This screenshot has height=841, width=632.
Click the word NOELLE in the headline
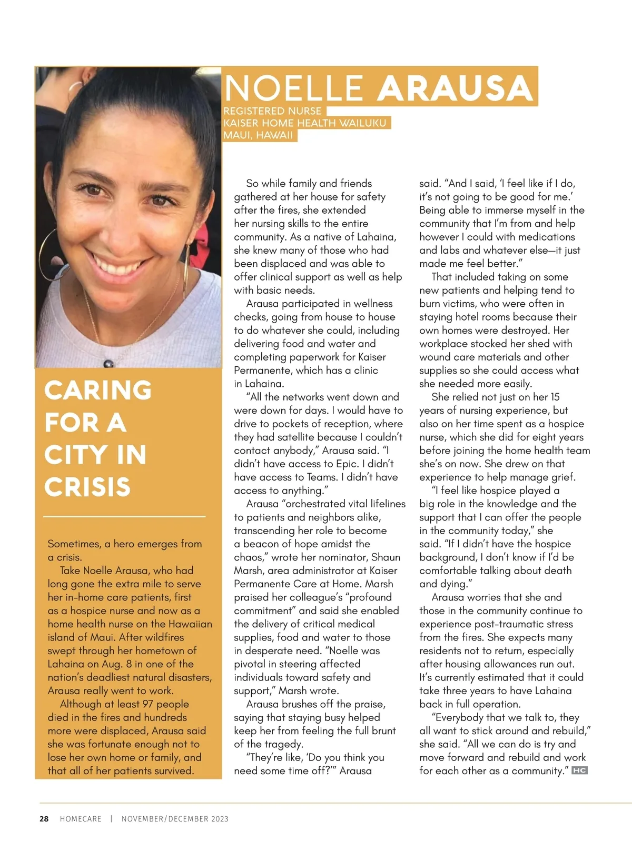pos(293,88)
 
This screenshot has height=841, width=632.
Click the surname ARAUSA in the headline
pos(456,88)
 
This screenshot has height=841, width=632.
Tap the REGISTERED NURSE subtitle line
pos(272,111)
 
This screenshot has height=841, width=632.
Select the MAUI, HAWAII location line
pos(258,135)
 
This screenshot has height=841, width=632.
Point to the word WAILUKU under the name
pos(363,123)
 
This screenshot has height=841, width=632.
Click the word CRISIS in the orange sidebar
pos(87,487)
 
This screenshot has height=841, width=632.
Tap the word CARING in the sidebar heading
pos(98,391)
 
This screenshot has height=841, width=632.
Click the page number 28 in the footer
pos(44,819)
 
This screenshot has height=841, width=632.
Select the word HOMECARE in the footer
pos(81,819)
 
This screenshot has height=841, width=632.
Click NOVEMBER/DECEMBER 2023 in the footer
pos(175,819)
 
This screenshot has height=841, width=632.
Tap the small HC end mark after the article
pos(579,771)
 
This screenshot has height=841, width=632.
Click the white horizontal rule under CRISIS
pos(124,517)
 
